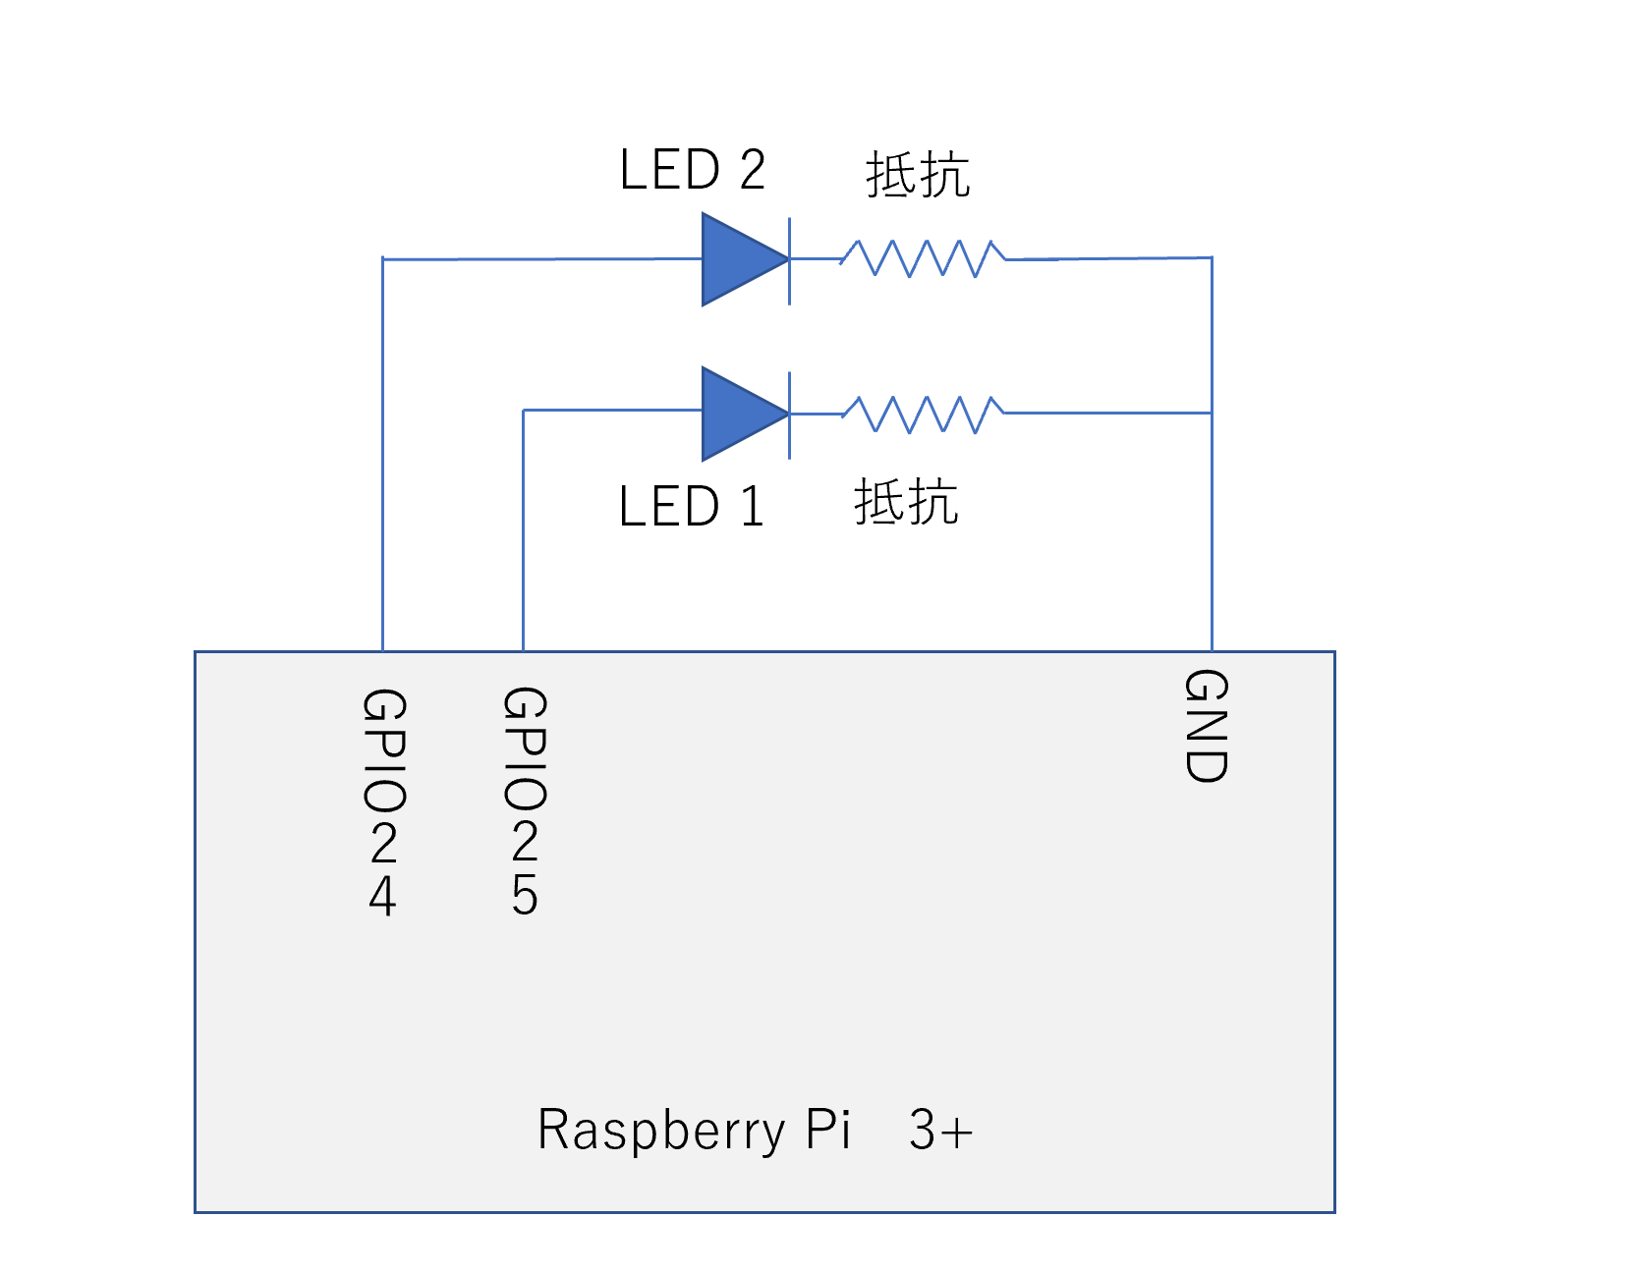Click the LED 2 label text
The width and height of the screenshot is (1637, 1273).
pyautogui.click(x=692, y=170)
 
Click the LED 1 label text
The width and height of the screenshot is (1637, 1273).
pyautogui.click(x=692, y=507)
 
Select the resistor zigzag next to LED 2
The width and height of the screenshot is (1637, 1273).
pyautogui.click(x=923, y=258)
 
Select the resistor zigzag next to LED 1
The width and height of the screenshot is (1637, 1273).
pyautogui.click(x=923, y=414)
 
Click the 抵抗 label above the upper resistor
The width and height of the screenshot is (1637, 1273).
pyautogui.click(x=918, y=175)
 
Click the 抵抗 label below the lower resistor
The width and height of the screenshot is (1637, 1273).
pyautogui.click(x=906, y=502)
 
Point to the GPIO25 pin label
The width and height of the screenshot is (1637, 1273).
pyautogui.click(x=525, y=802)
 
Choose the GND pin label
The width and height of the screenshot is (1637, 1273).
pyautogui.click(x=1207, y=726)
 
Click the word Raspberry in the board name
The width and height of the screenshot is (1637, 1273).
pyautogui.click(x=660, y=1130)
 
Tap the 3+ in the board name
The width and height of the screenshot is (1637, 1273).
pyautogui.click(x=940, y=1130)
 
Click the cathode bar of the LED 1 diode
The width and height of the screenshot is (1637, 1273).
pyautogui.click(x=789, y=414)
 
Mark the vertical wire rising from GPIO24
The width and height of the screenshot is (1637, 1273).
pyautogui.click(x=382, y=452)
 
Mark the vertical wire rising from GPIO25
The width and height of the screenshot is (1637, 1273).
pyautogui.click(x=523, y=530)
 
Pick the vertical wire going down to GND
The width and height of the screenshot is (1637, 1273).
pyautogui.click(x=1212, y=530)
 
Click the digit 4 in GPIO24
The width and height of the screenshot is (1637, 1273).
pyautogui.click(x=383, y=896)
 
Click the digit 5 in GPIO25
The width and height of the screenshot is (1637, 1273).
pyautogui.click(x=525, y=895)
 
